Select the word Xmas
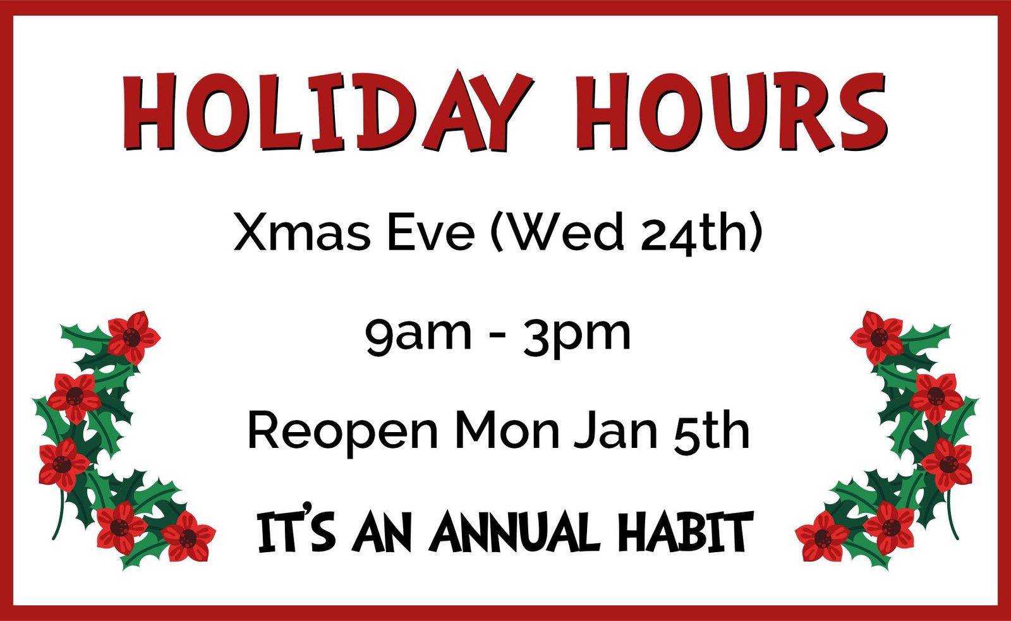coord(302,232)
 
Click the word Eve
coord(431,232)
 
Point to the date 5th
coord(711,431)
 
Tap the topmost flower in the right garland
coord(878,337)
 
